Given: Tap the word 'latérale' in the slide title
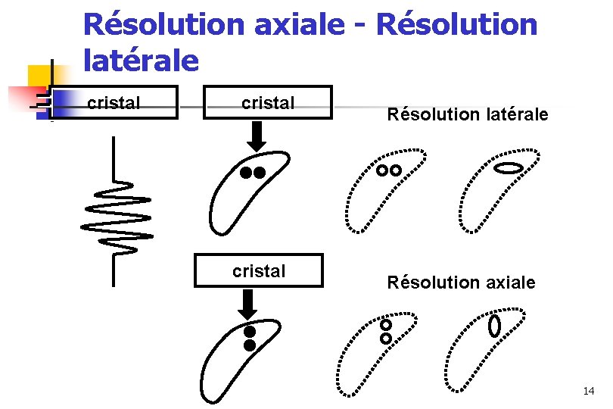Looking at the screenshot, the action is pyautogui.click(x=141, y=60).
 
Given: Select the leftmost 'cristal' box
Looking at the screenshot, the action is pyautogui.click(x=114, y=103).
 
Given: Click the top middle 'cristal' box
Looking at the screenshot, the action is pyautogui.click(x=268, y=103).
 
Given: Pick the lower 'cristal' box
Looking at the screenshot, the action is pyautogui.click(x=259, y=271).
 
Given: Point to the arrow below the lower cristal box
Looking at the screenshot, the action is pyautogui.click(x=247, y=304).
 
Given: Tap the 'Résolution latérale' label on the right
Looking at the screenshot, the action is pyautogui.click(x=467, y=115).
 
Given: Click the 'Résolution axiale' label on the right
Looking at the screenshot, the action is pyautogui.click(x=461, y=283).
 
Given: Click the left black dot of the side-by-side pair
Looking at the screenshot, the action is pyautogui.click(x=246, y=173).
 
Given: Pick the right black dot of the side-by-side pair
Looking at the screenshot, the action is pyautogui.click(x=260, y=173).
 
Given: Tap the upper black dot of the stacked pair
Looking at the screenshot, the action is pyautogui.click(x=250, y=332).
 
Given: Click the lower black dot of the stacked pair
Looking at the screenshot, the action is pyautogui.click(x=250, y=345).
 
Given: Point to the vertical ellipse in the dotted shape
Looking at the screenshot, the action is pyautogui.click(x=495, y=326).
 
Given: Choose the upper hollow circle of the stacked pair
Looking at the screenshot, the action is pyautogui.click(x=386, y=325).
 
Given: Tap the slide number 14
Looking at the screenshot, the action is pyautogui.click(x=589, y=391).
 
